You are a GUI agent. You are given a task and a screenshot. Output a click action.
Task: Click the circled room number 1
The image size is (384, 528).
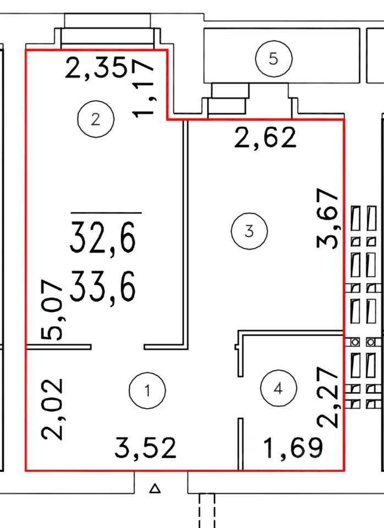147,391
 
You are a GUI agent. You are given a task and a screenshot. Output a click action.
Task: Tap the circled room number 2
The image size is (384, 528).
96,119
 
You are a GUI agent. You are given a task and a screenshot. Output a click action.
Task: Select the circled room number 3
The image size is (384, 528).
249,231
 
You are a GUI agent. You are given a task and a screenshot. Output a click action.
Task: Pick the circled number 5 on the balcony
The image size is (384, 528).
273,59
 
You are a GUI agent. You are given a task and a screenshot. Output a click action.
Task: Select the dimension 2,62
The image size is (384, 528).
265,138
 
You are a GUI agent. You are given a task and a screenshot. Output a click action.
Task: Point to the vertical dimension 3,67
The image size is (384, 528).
327,218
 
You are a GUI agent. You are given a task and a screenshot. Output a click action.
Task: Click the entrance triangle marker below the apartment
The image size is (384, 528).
155,488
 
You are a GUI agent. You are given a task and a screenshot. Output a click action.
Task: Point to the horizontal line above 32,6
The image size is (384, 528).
106,212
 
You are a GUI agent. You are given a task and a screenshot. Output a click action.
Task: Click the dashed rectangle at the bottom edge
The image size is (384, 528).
206,510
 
